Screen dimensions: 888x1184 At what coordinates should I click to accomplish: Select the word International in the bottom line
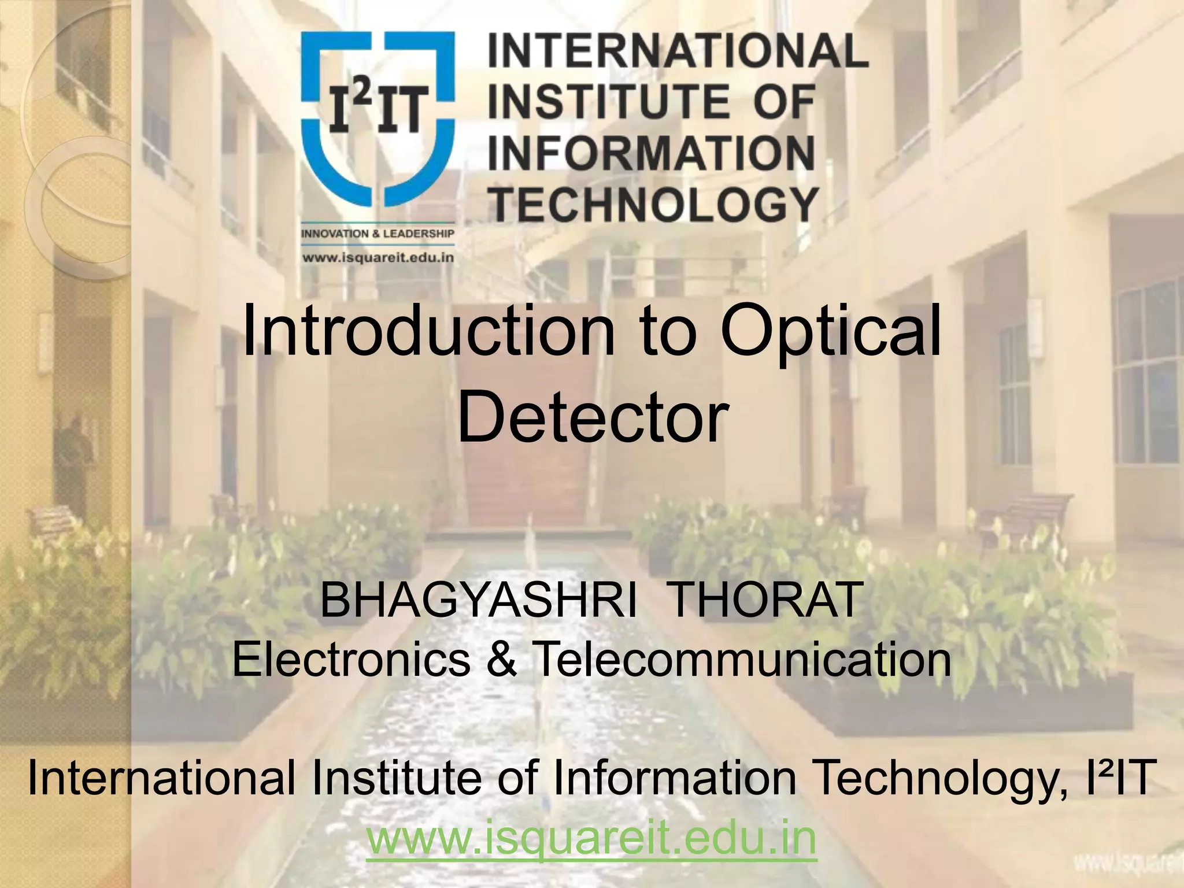coord(162,778)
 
